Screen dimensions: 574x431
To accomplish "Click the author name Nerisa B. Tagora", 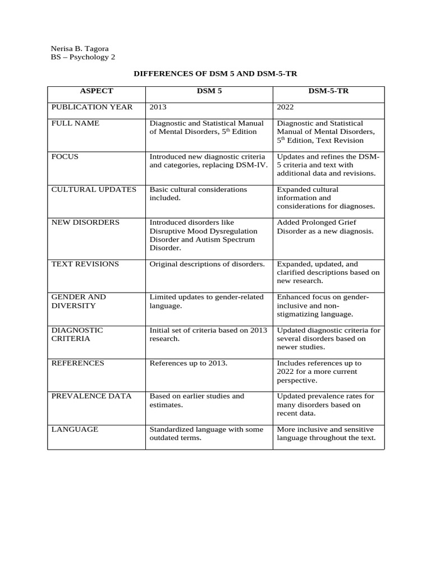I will coord(80,48).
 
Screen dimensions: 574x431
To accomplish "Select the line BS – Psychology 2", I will coord(83,57).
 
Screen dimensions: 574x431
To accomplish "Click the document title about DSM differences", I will coord(215,73).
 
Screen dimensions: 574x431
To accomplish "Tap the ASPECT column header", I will coord(97,91).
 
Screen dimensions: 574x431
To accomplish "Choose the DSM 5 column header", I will coord(209,91).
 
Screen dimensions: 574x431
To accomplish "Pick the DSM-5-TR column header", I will coord(328,91).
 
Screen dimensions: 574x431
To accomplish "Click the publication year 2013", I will coord(158,107).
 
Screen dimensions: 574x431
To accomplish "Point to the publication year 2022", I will coord(286,107).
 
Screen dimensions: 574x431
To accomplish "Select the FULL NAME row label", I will coord(75,123).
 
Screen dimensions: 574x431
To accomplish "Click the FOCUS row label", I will coord(65,156).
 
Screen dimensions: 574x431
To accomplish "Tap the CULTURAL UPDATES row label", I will coord(94,189).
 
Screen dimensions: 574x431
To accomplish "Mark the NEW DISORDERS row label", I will coord(85,223).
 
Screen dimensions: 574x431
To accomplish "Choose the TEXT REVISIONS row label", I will coord(85,264).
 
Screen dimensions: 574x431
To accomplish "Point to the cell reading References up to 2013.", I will coord(189,363).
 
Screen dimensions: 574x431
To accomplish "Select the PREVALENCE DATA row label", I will coord(91,396).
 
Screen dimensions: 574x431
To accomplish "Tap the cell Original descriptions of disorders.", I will coord(207,264).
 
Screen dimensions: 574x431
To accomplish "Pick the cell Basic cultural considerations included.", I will coord(198,193).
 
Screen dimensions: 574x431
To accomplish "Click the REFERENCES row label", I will coord(78,363).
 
